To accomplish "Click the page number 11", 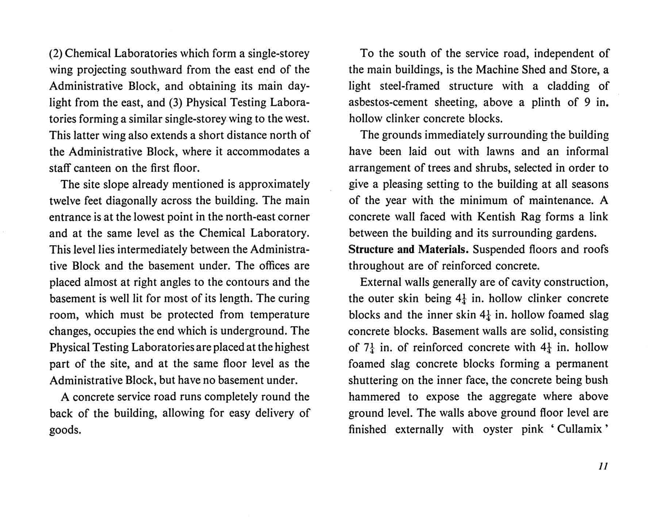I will [x=603, y=467].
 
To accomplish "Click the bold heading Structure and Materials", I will [x=408, y=250].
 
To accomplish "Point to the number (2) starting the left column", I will [x=56, y=54].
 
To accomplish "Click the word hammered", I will [x=374, y=396].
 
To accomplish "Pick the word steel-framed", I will [x=410, y=86].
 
